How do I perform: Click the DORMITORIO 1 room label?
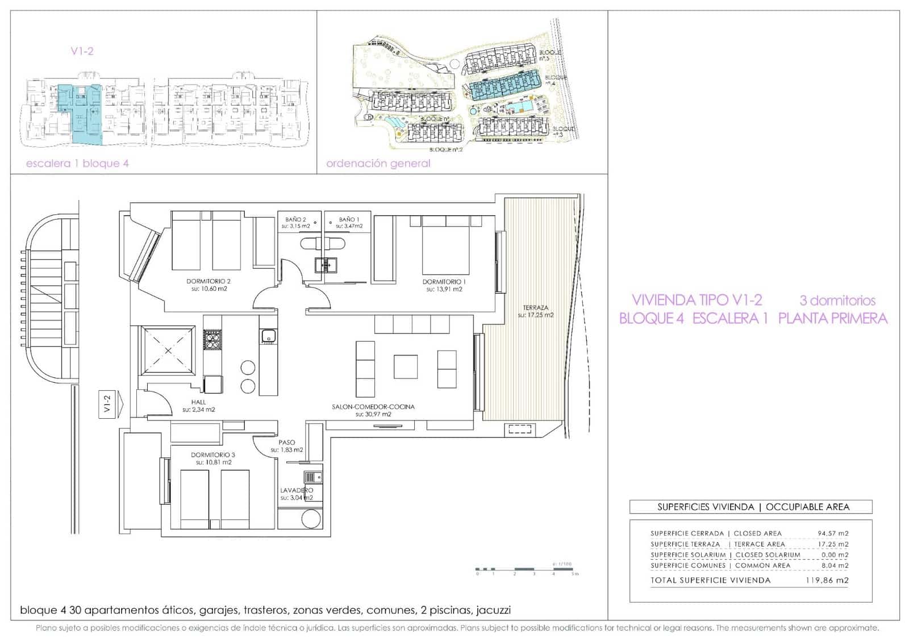coord(444,281)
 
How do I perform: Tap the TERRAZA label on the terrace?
coord(535,307)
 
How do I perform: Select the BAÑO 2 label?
coord(295,219)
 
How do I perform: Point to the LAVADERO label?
coord(297,490)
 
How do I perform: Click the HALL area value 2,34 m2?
coord(198,410)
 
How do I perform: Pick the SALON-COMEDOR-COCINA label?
coord(373,407)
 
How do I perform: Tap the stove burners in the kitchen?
coord(212,339)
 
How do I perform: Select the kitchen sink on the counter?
coord(268,336)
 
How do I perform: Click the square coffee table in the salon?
coord(406,366)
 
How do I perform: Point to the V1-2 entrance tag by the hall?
coord(108,405)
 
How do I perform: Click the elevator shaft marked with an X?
coord(168,351)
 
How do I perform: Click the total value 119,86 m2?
coord(827,580)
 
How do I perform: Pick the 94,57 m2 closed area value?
coord(833,533)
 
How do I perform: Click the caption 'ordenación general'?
coord(378,164)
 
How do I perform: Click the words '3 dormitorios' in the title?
coord(837,301)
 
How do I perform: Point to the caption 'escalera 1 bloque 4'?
coord(77,164)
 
